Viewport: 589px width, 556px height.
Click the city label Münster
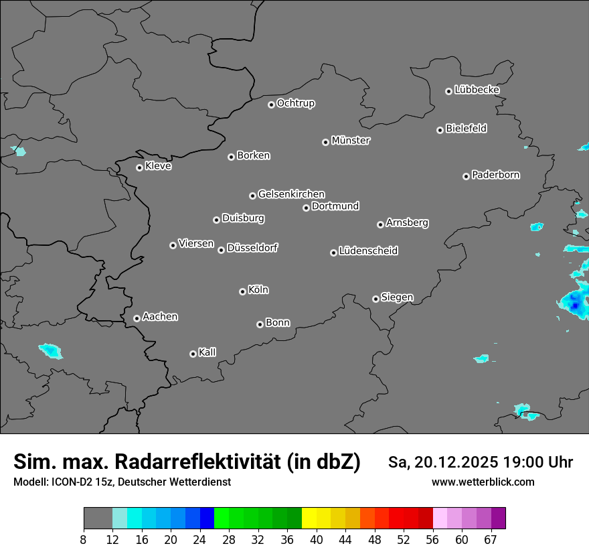click(x=351, y=141)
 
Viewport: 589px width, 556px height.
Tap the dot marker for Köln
click(x=242, y=291)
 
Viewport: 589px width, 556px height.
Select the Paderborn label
click(x=496, y=175)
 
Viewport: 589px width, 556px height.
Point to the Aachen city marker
click(x=137, y=318)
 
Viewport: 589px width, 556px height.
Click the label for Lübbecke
click(x=477, y=90)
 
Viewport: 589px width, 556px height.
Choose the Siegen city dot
click(x=375, y=299)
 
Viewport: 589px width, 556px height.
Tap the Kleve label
click(x=159, y=166)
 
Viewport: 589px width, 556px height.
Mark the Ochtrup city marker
click(x=271, y=105)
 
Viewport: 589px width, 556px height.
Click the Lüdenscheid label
click(x=369, y=251)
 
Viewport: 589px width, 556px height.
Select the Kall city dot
click(x=193, y=354)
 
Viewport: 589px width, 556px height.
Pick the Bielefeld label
click(x=467, y=129)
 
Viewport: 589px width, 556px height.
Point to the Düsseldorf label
click(x=252, y=248)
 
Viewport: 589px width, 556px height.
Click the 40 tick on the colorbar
click(x=317, y=539)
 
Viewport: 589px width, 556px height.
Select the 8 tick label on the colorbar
click(x=84, y=539)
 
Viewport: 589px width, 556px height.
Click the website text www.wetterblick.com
click(x=483, y=482)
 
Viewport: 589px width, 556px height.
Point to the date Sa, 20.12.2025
click(x=442, y=463)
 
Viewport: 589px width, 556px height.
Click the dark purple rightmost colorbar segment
click(x=498, y=518)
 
